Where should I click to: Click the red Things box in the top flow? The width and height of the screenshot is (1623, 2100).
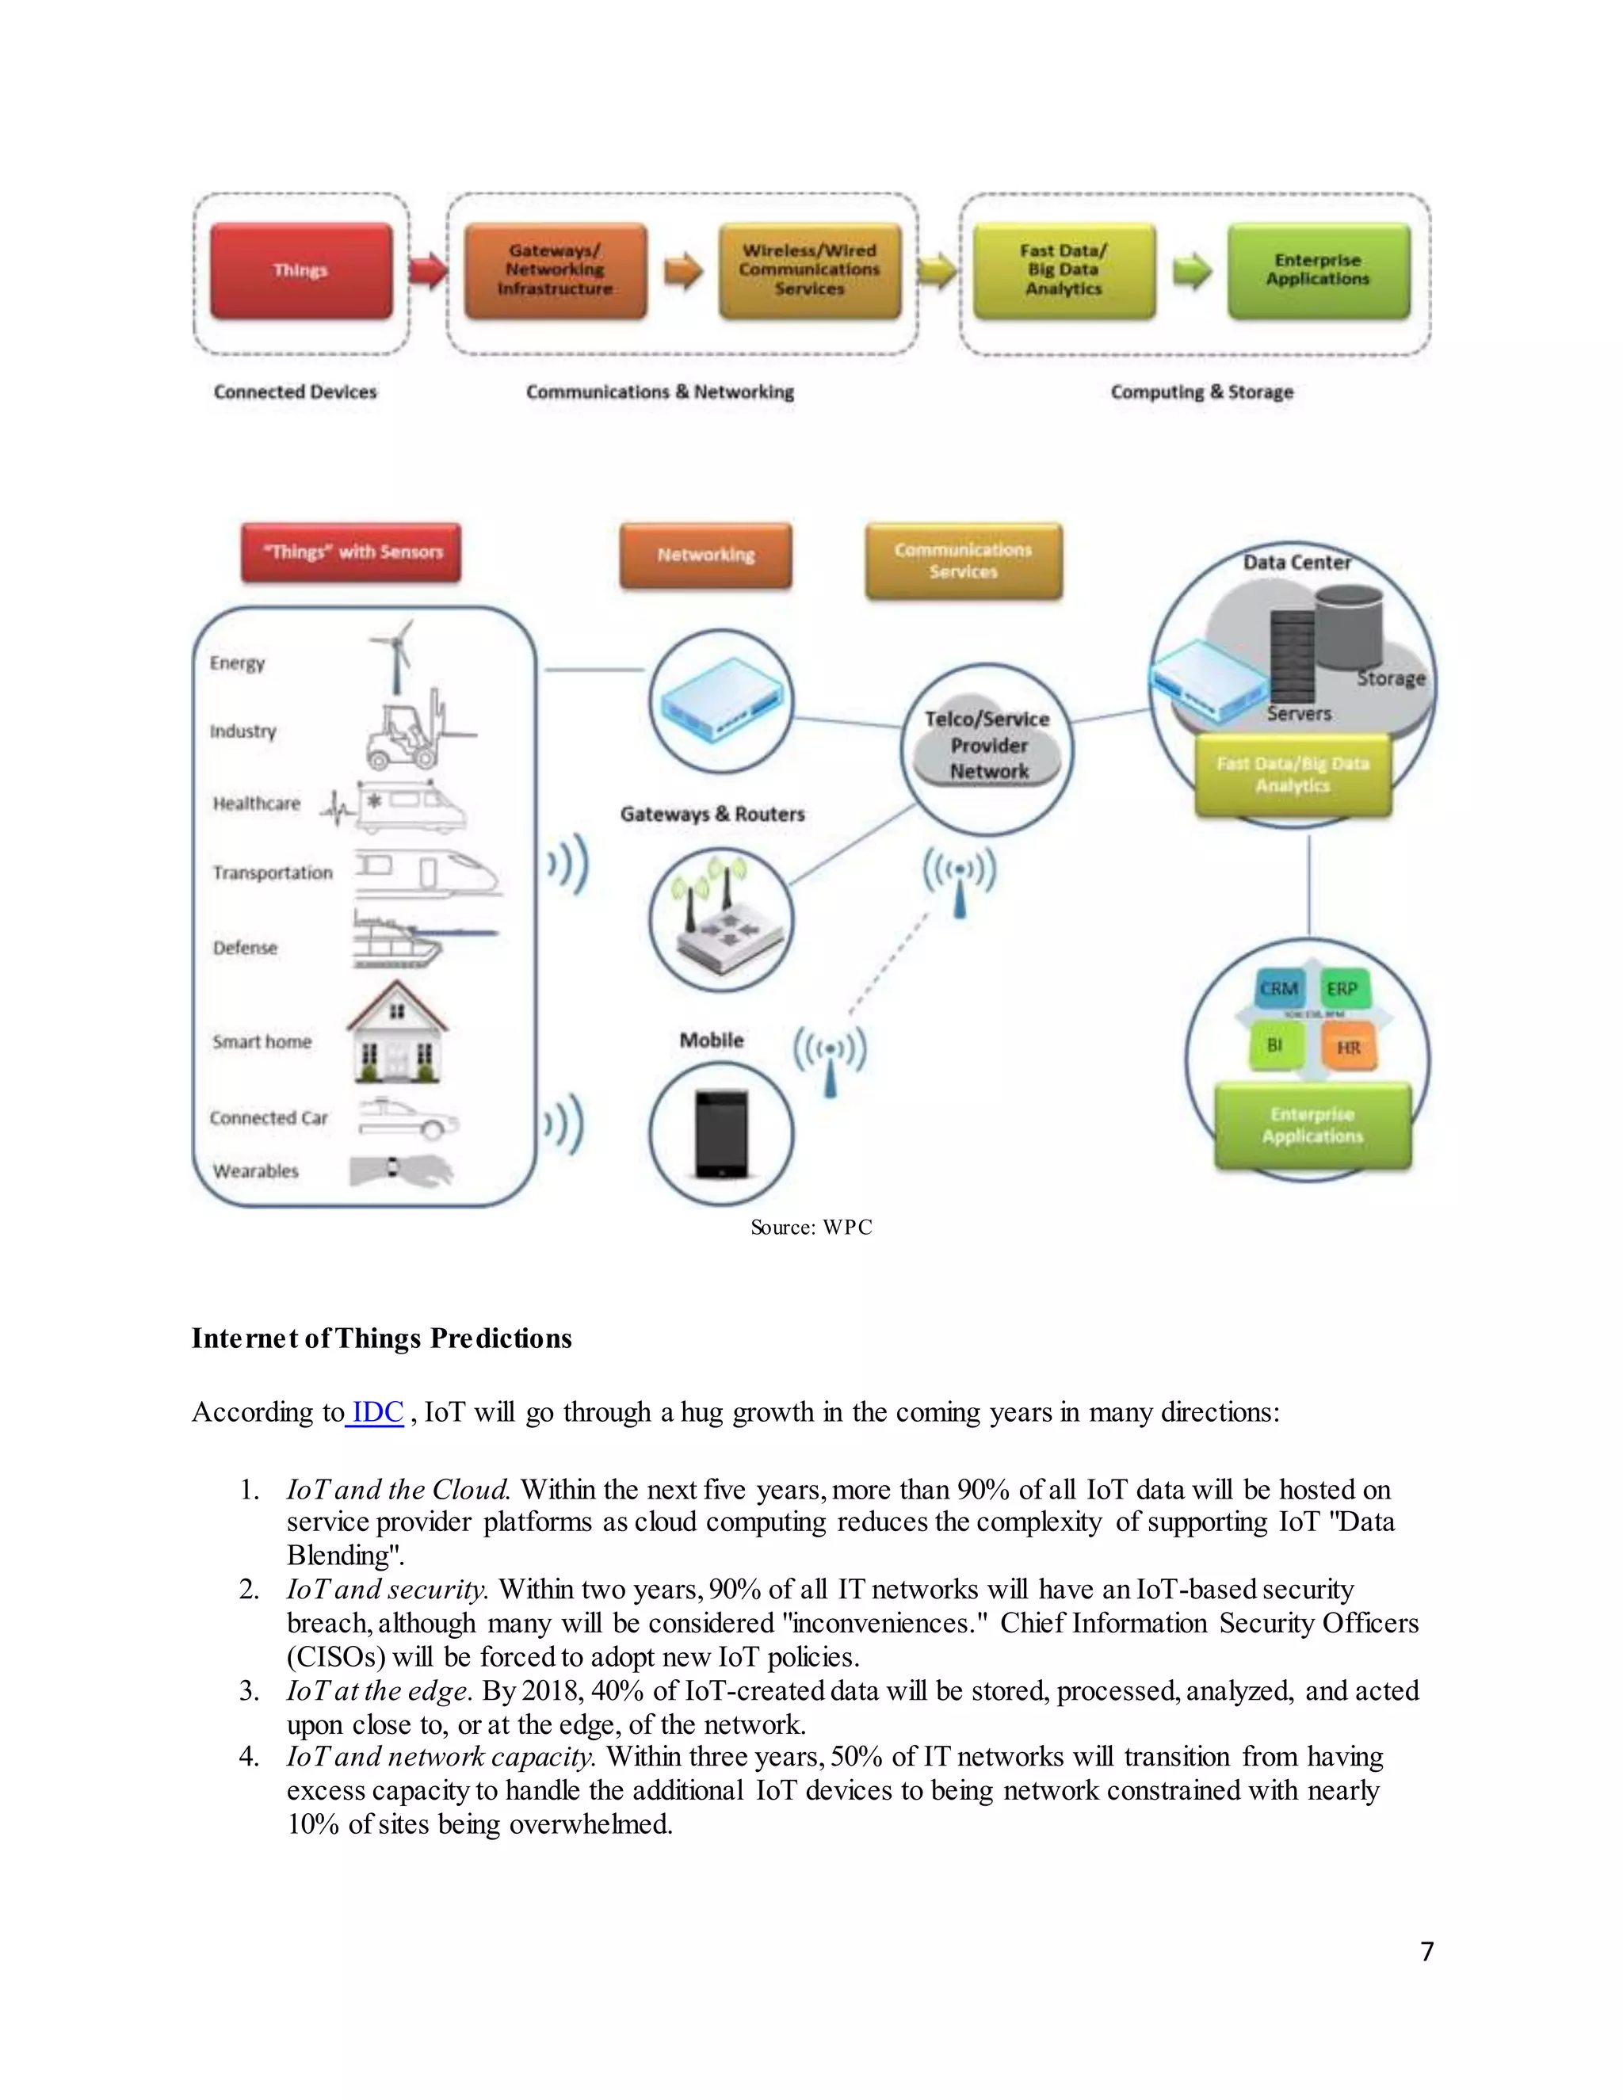click(x=301, y=270)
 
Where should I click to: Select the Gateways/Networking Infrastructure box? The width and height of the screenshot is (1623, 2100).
click(x=555, y=270)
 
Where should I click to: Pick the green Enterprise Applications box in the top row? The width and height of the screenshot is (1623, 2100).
click(x=1317, y=270)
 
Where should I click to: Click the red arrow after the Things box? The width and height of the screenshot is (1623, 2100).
click(x=428, y=270)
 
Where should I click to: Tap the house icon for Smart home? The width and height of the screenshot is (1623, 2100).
click(x=396, y=1033)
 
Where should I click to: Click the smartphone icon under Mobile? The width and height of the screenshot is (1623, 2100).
click(x=720, y=1135)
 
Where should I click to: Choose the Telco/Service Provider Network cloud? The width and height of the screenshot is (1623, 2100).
click(x=987, y=746)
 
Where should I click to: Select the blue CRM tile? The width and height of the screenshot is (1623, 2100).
click(x=1279, y=988)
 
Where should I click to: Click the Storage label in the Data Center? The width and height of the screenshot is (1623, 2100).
click(x=1390, y=679)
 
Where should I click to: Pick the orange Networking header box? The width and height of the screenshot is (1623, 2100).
click(x=706, y=555)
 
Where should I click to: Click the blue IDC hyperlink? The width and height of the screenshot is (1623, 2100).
click(x=377, y=1412)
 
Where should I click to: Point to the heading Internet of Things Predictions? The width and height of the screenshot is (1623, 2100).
click(x=382, y=1338)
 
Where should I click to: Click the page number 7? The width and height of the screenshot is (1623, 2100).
click(x=1426, y=1951)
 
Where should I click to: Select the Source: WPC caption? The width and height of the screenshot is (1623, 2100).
click(x=811, y=1227)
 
